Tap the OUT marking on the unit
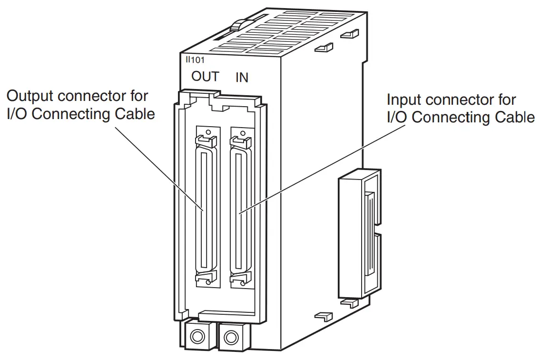pos(205,76)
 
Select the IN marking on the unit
pos(242,77)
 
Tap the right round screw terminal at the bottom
pos(231,338)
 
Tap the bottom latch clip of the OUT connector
pos(206,279)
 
